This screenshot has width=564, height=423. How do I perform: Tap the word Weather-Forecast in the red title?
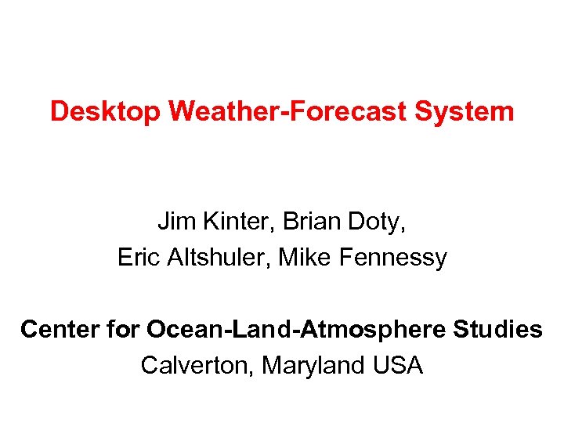(x=287, y=111)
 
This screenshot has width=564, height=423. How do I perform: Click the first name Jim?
(x=173, y=222)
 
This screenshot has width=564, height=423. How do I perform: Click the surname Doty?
(x=377, y=222)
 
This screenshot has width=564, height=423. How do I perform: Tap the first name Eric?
(x=138, y=258)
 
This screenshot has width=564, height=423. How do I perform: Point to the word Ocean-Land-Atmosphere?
(x=297, y=330)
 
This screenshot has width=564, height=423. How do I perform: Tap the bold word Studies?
(x=498, y=330)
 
